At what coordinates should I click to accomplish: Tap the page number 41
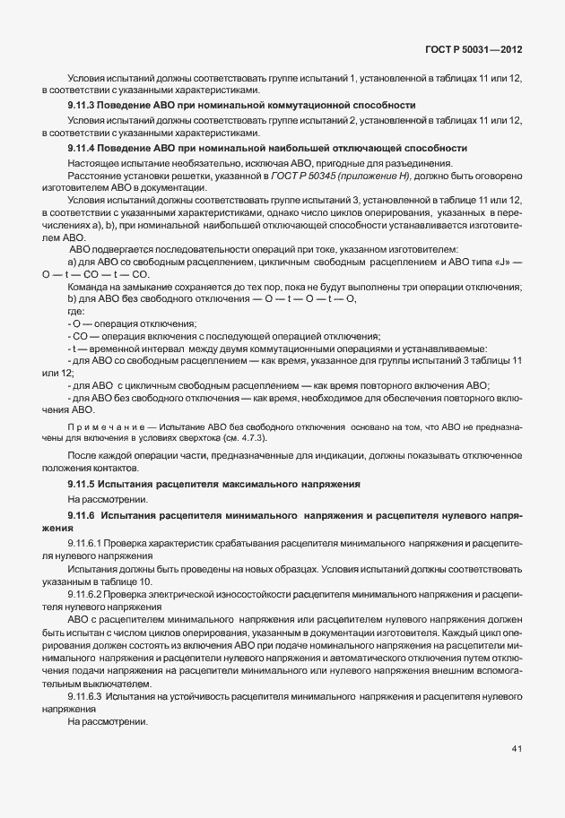tap(517, 749)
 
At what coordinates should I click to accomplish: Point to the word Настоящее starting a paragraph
tap(95, 162)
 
